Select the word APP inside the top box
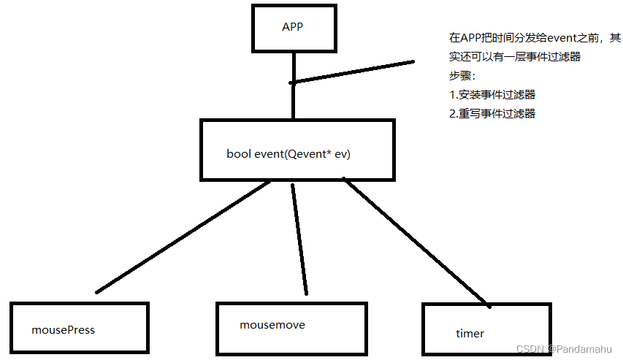292,27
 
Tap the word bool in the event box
238,154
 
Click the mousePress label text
63,329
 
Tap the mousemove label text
272,324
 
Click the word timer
470,333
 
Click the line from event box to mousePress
183,237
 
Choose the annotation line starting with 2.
492,114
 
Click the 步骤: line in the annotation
462,76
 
